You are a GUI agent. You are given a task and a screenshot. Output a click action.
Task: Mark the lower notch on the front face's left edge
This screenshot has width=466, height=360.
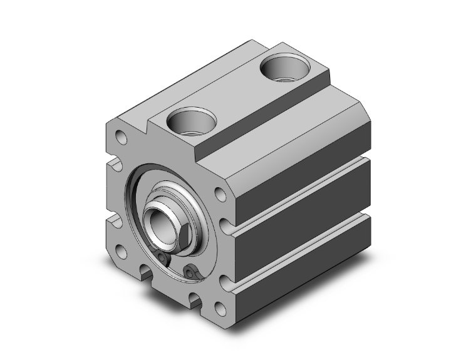tap(115, 221)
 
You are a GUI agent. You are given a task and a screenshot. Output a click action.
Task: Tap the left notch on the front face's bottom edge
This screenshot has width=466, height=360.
tap(147, 272)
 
